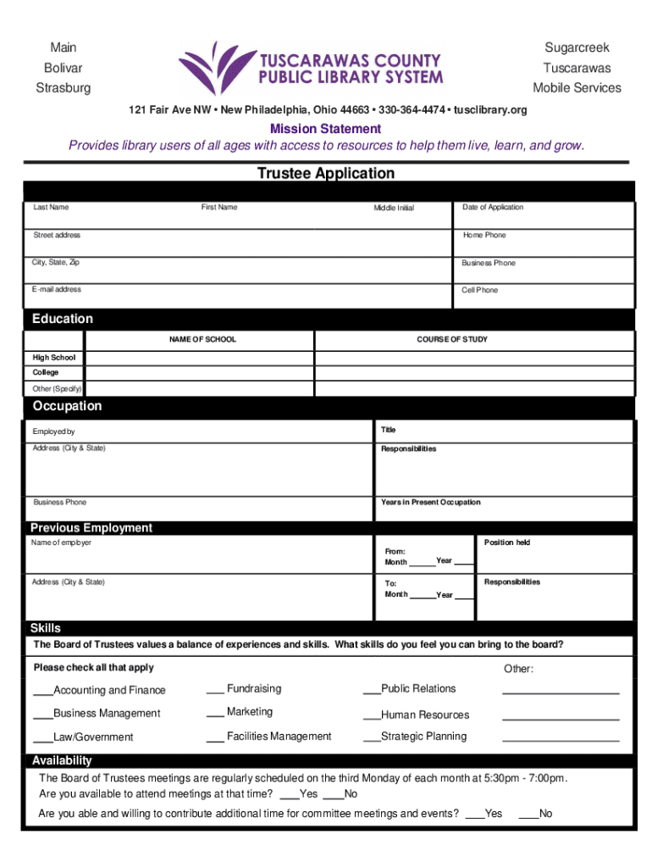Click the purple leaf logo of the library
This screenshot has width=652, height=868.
click(214, 68)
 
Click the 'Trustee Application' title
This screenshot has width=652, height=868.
click(326, 174)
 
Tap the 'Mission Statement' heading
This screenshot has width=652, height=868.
click(325, 129)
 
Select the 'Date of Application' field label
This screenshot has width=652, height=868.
click(493, 208)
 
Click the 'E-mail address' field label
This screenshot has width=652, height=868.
click(57, 290)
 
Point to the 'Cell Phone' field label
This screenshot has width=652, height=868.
click(480, 290)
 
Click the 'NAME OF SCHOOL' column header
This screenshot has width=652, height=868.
click(202, 340)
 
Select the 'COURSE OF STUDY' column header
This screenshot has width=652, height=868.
click(451, 340)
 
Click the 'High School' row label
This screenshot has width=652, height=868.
click(54, 358)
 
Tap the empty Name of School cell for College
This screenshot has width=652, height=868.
click(200, 373)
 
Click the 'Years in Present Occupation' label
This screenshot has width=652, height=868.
click(430, 503)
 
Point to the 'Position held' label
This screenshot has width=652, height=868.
click(507, 542)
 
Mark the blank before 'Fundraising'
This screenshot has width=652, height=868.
click(214, 690)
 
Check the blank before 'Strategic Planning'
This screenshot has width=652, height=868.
click(371, 737)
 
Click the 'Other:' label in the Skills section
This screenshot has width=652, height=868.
click(518, 669)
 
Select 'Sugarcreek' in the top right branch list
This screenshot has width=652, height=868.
click(577, 47)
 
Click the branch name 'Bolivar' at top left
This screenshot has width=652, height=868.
click(63, 68)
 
